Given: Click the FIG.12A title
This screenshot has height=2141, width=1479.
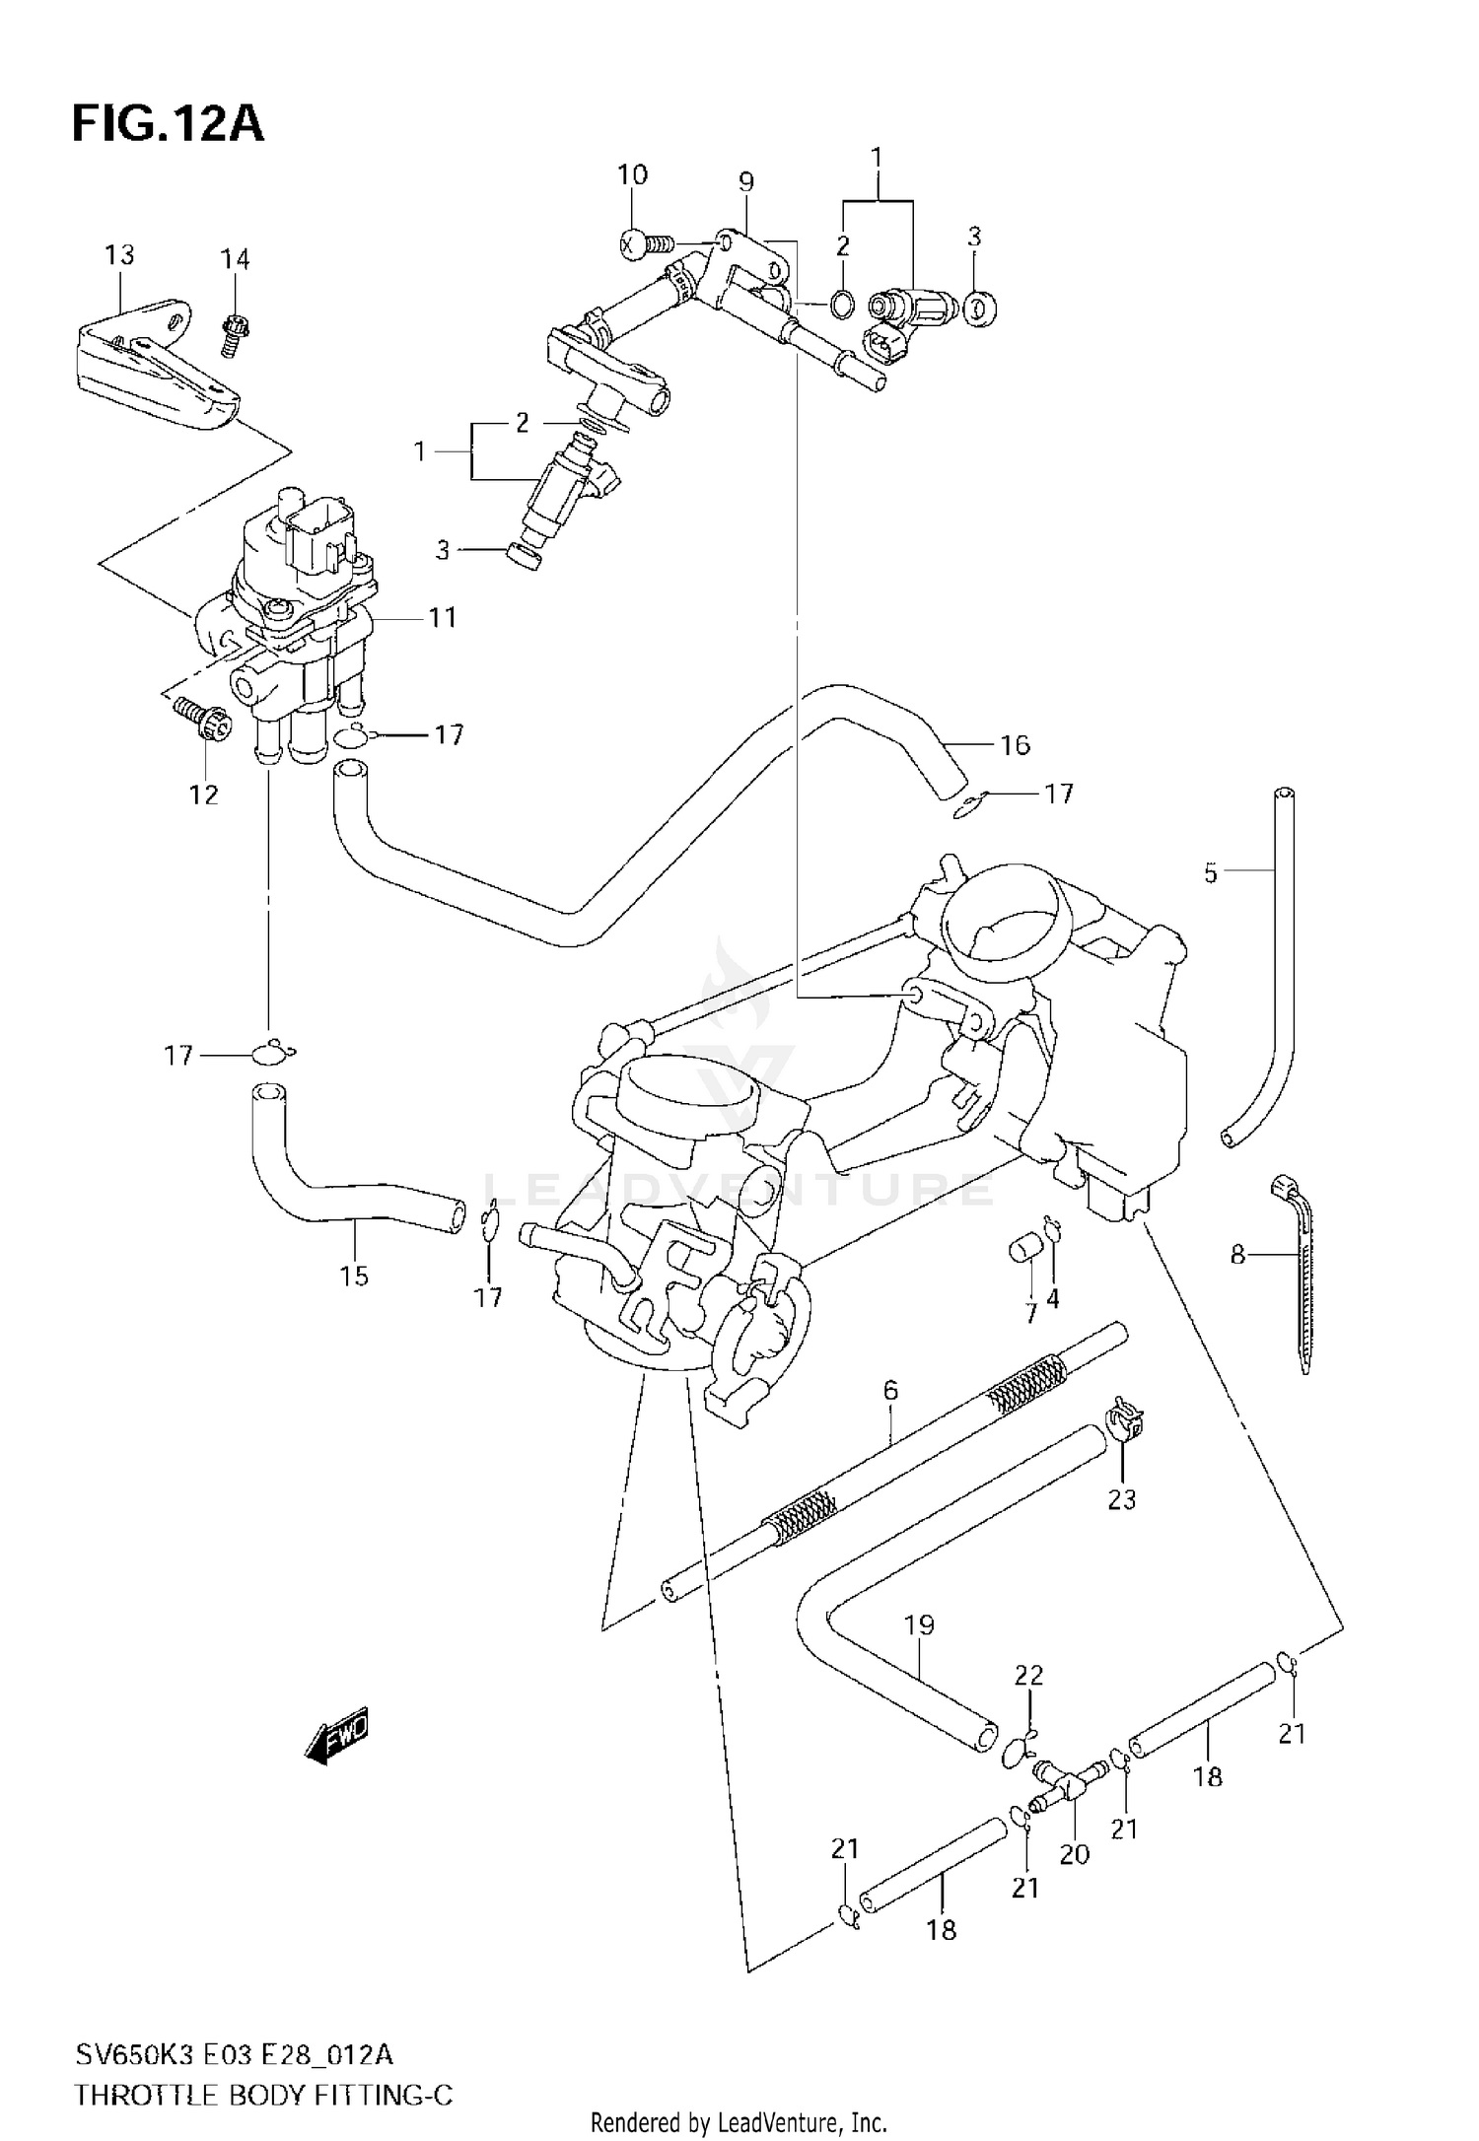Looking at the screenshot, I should [168, 125].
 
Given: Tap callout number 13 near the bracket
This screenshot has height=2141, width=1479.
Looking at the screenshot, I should [119, 255].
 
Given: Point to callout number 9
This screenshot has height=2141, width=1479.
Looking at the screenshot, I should [745, 181].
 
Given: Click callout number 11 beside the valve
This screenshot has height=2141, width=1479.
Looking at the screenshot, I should [443, 617].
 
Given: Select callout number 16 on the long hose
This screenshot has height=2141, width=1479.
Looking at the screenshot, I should [1015, 745].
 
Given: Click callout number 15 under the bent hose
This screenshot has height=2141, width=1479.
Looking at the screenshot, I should [353, 1276].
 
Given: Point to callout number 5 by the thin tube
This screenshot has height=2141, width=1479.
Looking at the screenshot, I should [1211, 872].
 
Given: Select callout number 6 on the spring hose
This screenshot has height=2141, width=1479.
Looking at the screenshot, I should [890, 1391].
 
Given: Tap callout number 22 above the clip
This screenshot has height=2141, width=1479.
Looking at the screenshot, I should [1028, 1675].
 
